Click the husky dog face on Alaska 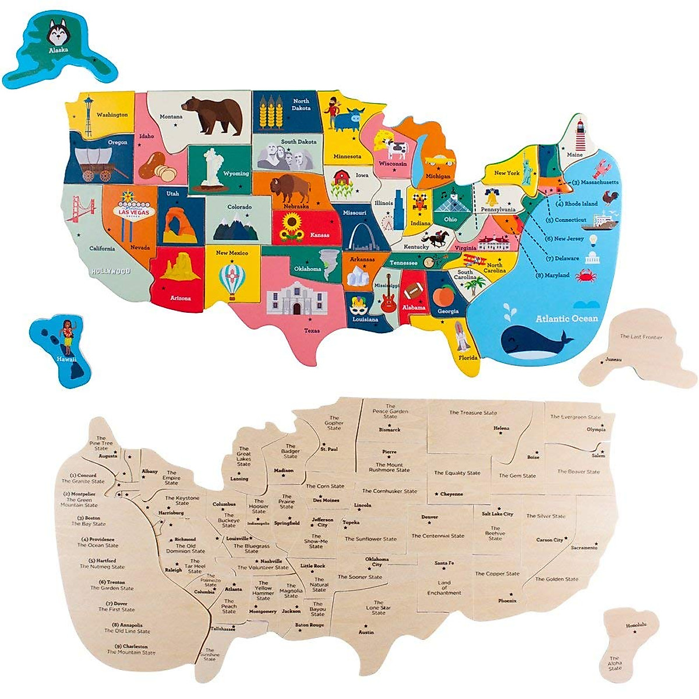tap(57, 34)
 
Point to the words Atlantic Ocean tap(566, 319)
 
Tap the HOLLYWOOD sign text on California tap(110, 271)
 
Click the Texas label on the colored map tap(312, 331)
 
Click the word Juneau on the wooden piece tap(613, 359)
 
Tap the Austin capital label tap(366, 632)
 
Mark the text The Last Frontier tap(641, 337)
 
